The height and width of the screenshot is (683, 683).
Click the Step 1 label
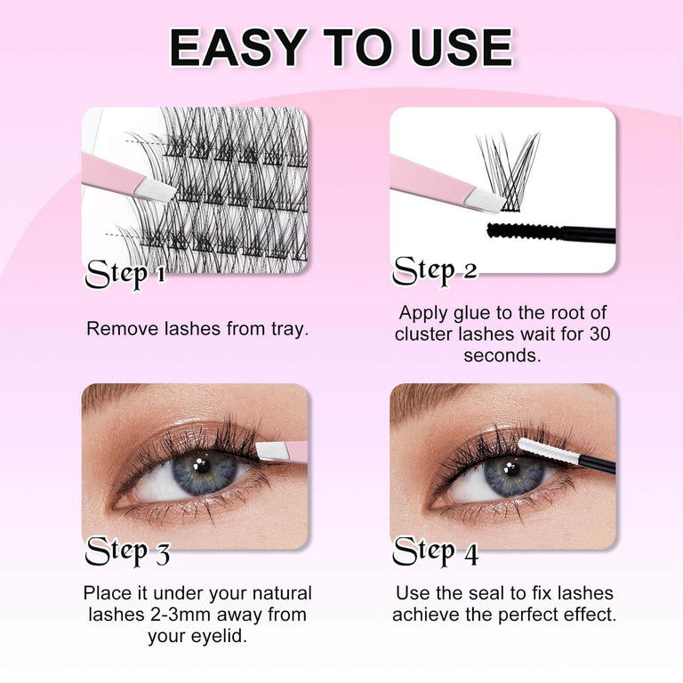click(125, 274)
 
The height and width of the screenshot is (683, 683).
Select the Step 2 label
click(435, 269)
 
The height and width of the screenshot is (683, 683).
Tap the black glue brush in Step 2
click(525, 233)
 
